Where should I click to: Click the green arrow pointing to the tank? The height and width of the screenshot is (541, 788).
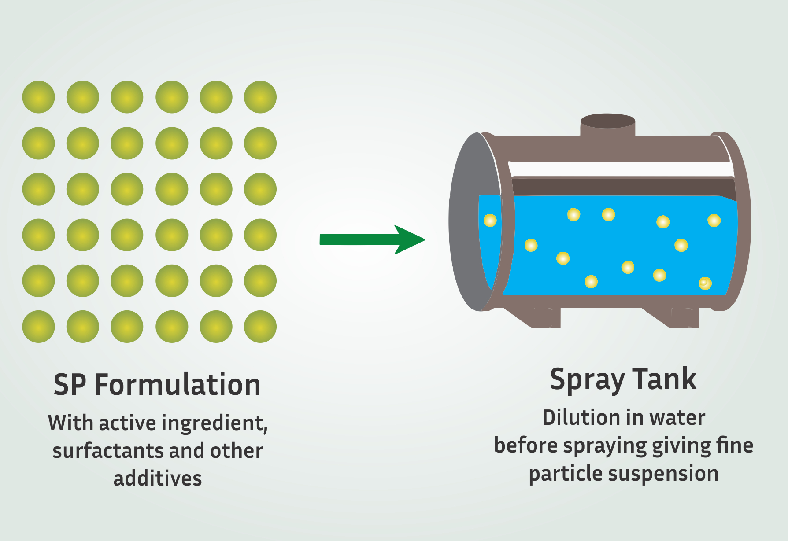tap(372, 239)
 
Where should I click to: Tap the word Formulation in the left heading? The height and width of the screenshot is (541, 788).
tap(178, 385)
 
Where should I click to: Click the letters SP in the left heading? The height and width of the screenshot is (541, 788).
tap(70, 385)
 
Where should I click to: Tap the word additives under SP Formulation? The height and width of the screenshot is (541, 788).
tap(158, 478)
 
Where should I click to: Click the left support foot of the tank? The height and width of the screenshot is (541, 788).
tap(547, 317)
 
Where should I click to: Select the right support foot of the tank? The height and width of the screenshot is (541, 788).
tap(684, 317)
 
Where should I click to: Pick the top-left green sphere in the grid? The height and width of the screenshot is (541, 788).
tap(39, 97)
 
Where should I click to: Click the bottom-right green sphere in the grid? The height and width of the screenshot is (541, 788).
tap(260, 327)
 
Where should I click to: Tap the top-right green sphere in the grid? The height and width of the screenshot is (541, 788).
tap(260, 97)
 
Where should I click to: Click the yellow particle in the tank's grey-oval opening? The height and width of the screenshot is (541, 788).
tap(490, 220)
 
